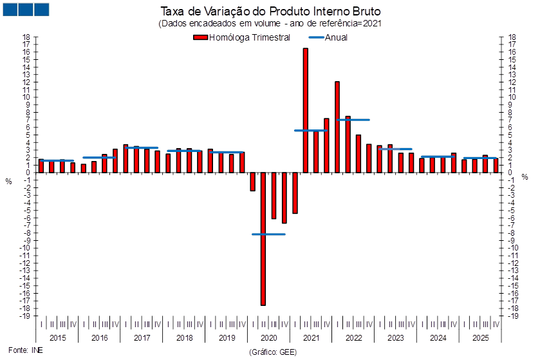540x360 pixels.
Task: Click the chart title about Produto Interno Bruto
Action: pyautogui.click(x=270, y=11)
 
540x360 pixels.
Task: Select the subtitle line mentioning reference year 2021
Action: pyautogui.click(x=270, y=24)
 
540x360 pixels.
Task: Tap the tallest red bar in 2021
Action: pyautogui.click(x=305, y=109)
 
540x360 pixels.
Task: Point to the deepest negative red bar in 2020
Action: pyautogui.click(x=263, y=238)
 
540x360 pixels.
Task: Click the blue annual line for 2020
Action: pyautogui.click(x=268, y=234)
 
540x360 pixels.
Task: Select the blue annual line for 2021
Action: pyautogui.click(x=310, y=131)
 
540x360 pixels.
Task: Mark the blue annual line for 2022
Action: pyautogui.click(x=353, y=120)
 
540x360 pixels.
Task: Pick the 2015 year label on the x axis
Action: pyautogui.click(x=58, y=337)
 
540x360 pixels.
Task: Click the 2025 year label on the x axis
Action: pyautogui.click(x=479, y=337)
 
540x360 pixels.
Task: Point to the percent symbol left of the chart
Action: pyautogui.click(x=8, y=181)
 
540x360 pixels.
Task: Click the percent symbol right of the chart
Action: pyautogui.click(x=525, y=176)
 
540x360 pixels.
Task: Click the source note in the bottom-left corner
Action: pyautogui.click(x=19, y=351)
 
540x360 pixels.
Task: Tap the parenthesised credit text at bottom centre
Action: pyautogui.click(x=272, y=352)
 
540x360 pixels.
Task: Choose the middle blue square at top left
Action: pyautogui.click(x=26, y=10)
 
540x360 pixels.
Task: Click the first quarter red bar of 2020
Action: pyautogui.click(x=252, y=182)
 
